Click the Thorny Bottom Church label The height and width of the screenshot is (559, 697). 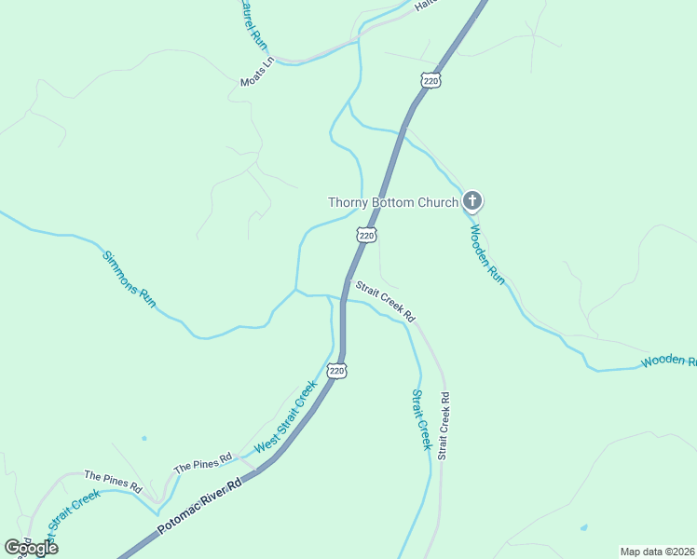392,202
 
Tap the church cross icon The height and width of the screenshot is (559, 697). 472,200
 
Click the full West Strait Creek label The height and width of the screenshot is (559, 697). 280,419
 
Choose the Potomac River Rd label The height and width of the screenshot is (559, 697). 199,508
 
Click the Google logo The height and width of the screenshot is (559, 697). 31,548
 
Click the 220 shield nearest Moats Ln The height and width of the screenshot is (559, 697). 430,81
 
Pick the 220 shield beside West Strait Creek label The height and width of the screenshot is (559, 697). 337,370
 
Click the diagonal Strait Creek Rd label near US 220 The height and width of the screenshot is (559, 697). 383,302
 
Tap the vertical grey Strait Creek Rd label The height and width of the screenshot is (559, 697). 444,424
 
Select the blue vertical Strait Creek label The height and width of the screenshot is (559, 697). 421,419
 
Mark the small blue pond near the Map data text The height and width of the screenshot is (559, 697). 583,528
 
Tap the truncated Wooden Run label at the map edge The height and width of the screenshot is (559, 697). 668,361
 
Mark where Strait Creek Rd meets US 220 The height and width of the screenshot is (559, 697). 347,282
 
